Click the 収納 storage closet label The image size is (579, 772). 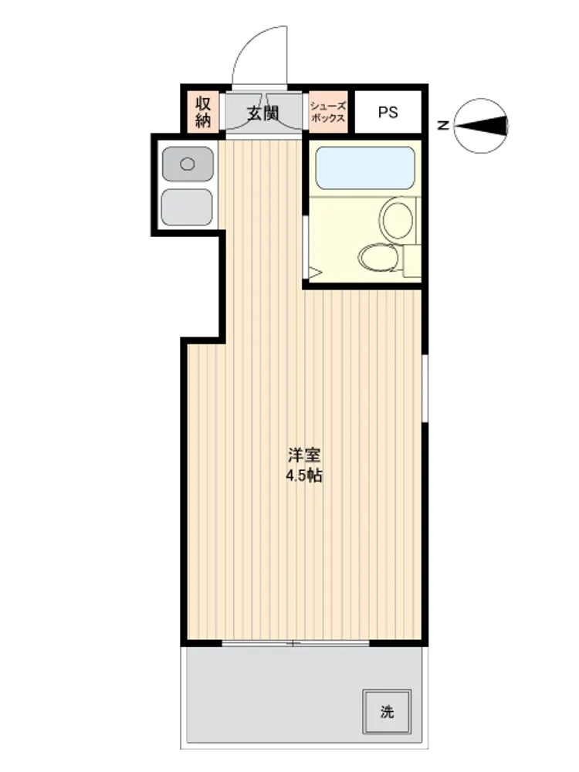click(x=203, y=112)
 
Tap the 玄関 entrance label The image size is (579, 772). click(x=263, y=113)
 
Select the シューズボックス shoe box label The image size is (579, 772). click(x=328, y=112)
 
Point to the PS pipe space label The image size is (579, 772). click(x=388, y=112)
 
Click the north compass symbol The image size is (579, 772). click(x=480, y=126)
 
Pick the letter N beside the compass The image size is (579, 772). click(x=443, y=126)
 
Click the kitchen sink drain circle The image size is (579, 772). click(x=188, y=164)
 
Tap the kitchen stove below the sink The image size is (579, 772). click(x=187, y=207)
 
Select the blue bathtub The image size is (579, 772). click(x=365, y=168)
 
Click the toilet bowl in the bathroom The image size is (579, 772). click(x=378, y=258)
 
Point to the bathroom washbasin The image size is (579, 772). click(x=397, y=219)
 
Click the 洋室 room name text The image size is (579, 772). click(x=304, y=455)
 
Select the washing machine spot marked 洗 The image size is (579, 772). click(x=387, y=712)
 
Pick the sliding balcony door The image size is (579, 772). click(x=296, y=643)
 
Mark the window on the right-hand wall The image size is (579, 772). click(x=425, y=388)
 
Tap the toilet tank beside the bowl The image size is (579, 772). click(x=412, y=260)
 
